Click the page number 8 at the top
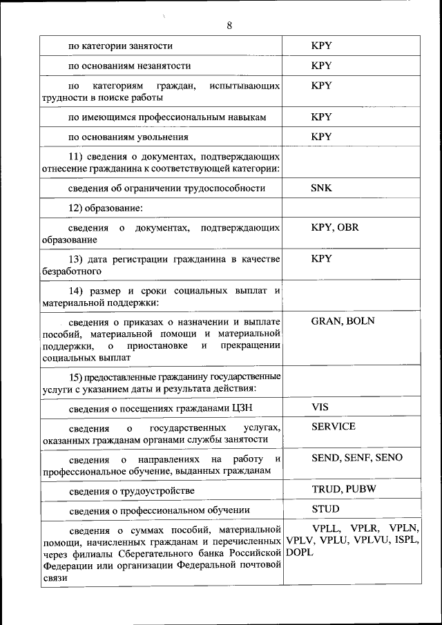[229, 26]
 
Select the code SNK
[321, 188]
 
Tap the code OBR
[349, 228]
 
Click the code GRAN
[327, 321]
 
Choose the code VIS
[320, 407]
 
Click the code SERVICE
[334, 427]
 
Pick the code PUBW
[361, 489]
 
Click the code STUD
[325, 509]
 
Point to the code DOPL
[300, 553]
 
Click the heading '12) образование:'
[105, 208]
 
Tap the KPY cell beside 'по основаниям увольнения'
[321, 137]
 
